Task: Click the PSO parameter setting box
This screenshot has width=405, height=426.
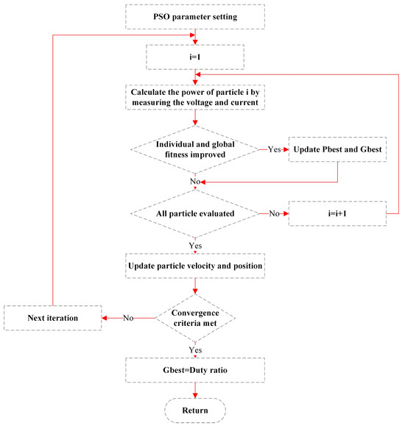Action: [194, 14]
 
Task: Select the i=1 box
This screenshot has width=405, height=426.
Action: [194, 55]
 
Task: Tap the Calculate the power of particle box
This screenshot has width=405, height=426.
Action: [194, 96]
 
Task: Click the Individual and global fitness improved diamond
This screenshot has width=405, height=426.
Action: [194, 149]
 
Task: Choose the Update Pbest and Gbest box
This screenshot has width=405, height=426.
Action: [337, 149]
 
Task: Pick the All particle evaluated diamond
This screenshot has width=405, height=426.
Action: [194, 213]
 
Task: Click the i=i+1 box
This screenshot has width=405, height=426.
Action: [337, 213]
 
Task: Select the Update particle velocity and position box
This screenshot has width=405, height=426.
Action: [194, 264]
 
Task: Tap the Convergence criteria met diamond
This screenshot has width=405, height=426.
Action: [194, 318]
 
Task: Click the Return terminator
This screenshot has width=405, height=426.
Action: [194, 410]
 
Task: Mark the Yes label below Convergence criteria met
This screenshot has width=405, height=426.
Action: [194, 350]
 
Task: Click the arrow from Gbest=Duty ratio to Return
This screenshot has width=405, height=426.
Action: [194, 391]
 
